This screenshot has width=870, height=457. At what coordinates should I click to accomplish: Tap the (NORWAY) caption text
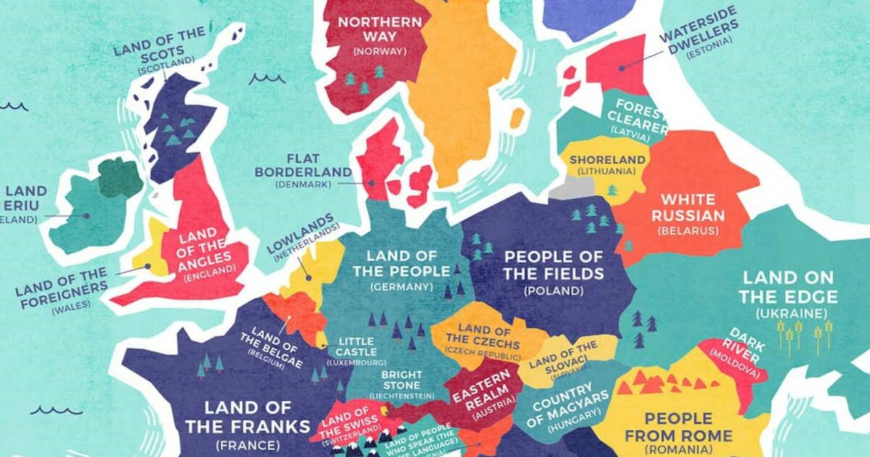click(x=378, y=52)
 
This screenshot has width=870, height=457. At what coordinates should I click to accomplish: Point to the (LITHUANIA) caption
click(x=606, y=171)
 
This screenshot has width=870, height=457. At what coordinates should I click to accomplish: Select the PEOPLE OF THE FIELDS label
click(x=554, y=265)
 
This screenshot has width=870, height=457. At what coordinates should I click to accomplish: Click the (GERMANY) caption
click(x=401, y=287)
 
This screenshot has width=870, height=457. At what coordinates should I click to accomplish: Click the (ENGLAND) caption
click(x=210, y=276)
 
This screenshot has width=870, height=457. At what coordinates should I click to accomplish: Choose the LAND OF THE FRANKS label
click(x=247, y=416)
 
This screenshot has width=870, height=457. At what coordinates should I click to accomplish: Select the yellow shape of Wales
click(x=154, y=250)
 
